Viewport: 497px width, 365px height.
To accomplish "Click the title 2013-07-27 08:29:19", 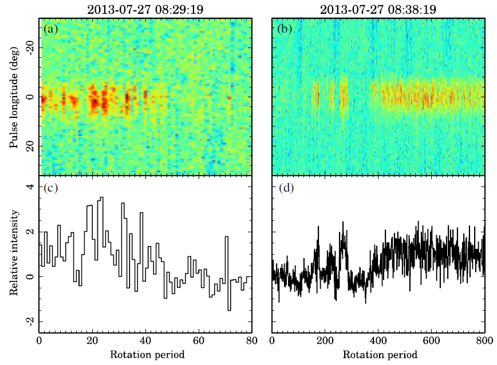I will [x=145, y=9].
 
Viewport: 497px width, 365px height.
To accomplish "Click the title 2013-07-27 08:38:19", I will [x=377, y=9].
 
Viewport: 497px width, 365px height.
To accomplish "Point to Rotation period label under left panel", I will [x=145, y=355].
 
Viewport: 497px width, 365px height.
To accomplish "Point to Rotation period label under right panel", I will [x=377, y=355].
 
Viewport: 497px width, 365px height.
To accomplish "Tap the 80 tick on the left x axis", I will [x=251, y=341].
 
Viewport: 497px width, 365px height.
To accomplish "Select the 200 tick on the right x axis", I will [x=325, y=341].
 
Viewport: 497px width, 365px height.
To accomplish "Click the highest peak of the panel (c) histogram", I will [x=102, y=198].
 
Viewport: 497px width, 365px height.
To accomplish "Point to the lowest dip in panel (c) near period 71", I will [x=229, y=310].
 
